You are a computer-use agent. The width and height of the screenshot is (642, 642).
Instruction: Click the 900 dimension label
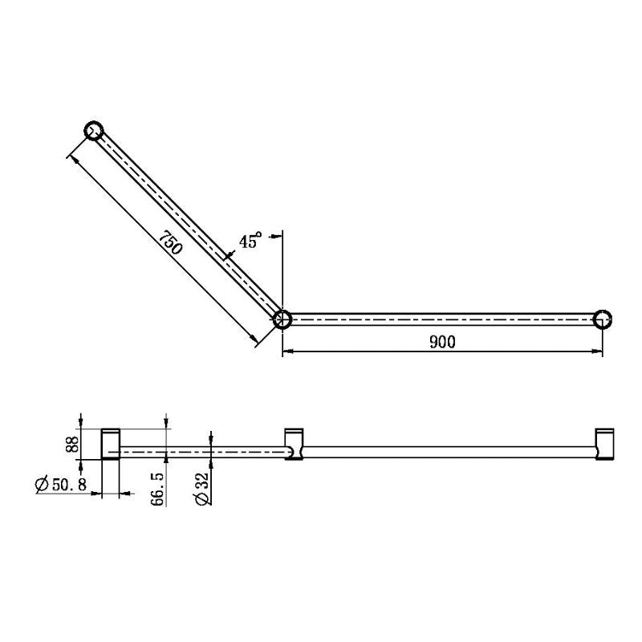coord(442,342)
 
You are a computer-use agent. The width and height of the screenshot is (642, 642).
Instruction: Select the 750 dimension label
coord(170,243)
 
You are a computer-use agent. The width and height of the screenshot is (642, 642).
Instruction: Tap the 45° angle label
coord(250,241)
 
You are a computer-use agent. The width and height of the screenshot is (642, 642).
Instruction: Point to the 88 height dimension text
coord(71,444)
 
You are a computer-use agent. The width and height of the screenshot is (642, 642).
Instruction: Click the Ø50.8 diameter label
coord(61,485)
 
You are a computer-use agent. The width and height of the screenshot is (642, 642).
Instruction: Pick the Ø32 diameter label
coord(201,488)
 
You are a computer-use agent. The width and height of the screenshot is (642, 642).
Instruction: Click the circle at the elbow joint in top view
coord(282,319)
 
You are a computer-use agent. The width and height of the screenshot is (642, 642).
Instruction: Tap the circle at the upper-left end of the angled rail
coord(94,131)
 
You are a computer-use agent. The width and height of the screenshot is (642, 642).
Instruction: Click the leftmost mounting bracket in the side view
coord(110,444)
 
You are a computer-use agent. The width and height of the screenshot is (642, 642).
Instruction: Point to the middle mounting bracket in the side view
coord(295,444)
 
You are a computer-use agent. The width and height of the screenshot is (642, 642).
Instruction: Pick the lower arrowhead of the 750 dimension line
coord(257,339)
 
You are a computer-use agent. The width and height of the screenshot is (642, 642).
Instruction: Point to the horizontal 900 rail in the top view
coord(441,319)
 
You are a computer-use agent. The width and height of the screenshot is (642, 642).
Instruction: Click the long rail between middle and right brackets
coord(449,452)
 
